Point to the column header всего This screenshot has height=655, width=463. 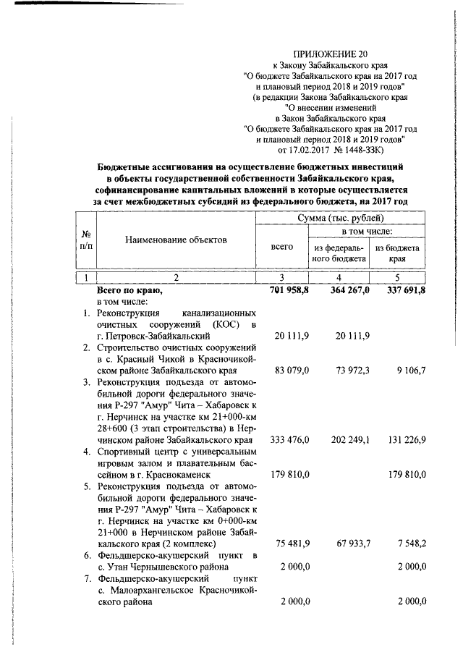point(281,247)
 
